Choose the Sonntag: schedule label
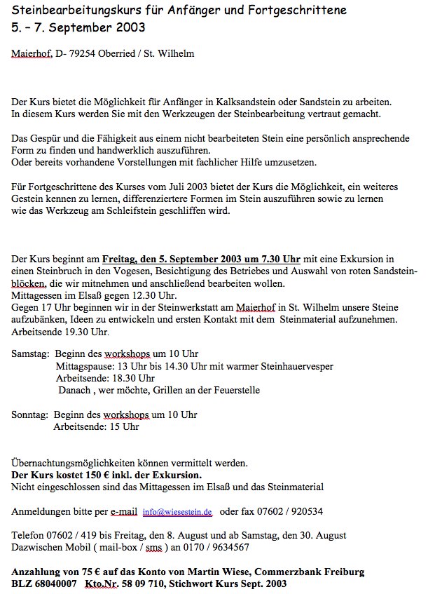30,414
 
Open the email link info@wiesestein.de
177,512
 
